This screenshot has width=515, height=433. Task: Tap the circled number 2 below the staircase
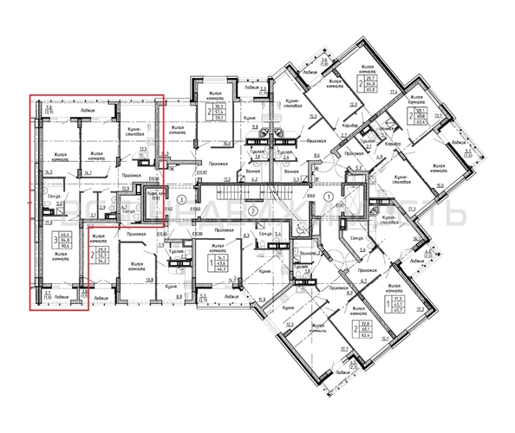pyautogui.click(x=252, y=210)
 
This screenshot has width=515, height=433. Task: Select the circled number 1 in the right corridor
pyautogui.click(x=328, y=198)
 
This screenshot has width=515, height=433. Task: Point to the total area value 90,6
pyautogui.click(x=67, y=248)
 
